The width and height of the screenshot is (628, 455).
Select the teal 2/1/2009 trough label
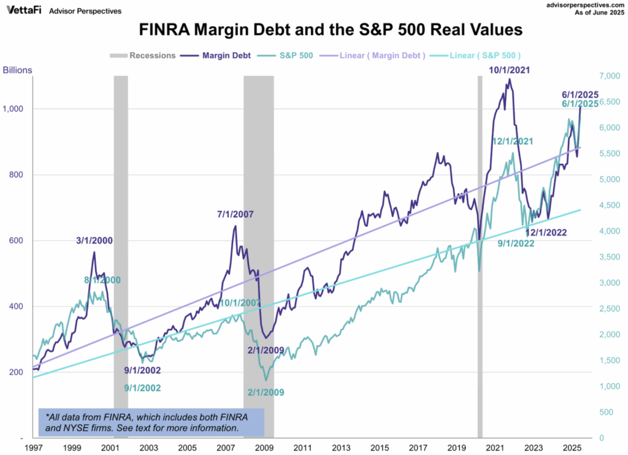[265, 392]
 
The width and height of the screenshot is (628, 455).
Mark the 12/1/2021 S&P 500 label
[512, 141]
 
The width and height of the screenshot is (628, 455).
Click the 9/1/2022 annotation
[515, 243]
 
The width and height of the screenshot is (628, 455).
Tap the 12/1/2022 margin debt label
[546, 232]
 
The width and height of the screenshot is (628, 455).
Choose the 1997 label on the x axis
[34, 448]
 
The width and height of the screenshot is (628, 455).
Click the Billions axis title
[17, 71]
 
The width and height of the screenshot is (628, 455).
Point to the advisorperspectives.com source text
[578, 5]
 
